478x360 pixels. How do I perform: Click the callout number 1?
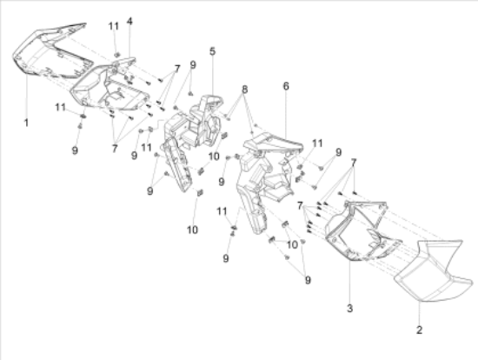[x=26, y=123]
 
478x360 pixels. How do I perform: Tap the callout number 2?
[x=419, y=330]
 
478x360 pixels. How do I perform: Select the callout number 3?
[x=349, y=308]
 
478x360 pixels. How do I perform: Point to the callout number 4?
[x=129, y=22]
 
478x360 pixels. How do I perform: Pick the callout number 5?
[x=212, y=51]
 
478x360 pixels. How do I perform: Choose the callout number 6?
[x=286, y=86]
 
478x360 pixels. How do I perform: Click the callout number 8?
[x=244, y=90]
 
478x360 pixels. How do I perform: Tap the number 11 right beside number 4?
[x=114, y=26]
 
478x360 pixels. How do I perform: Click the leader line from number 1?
[x=27, y=97]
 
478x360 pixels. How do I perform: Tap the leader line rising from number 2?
[x=419, y=313]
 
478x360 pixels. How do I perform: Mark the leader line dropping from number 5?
[x=212, y=77]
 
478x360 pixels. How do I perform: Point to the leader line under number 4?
[x=129, y=42]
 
